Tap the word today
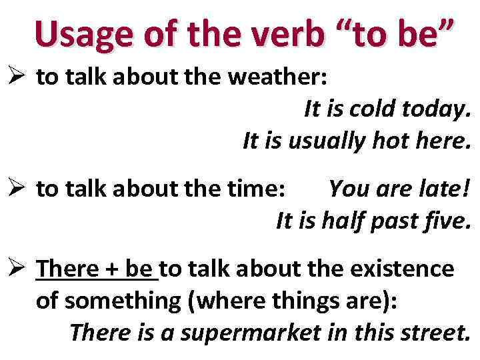437,109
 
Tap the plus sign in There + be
107,270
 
